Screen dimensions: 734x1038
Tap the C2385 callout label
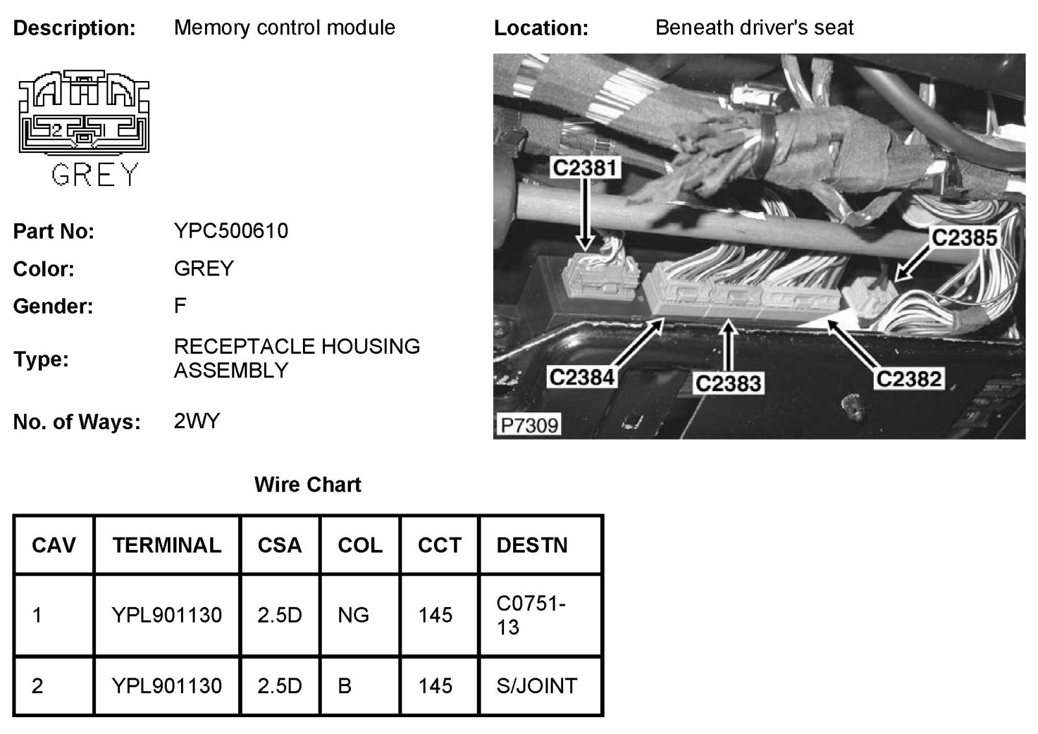964,238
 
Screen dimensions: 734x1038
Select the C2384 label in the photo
582,377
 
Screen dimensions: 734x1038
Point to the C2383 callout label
728,383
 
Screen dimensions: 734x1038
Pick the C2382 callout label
908,379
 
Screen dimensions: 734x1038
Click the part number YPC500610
231,231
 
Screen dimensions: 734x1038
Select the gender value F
180,305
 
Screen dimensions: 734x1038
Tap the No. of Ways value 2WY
197,421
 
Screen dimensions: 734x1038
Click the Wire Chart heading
308,484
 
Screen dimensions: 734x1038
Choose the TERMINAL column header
167,545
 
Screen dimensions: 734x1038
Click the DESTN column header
532,545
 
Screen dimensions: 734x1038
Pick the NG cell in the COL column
354,615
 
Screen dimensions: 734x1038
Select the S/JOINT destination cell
537,686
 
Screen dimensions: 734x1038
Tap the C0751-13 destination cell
531,615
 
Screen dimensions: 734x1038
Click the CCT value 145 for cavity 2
435,686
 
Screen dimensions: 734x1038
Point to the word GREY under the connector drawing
95,174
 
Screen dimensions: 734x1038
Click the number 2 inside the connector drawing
56,130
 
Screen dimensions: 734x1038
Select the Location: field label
541,28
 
